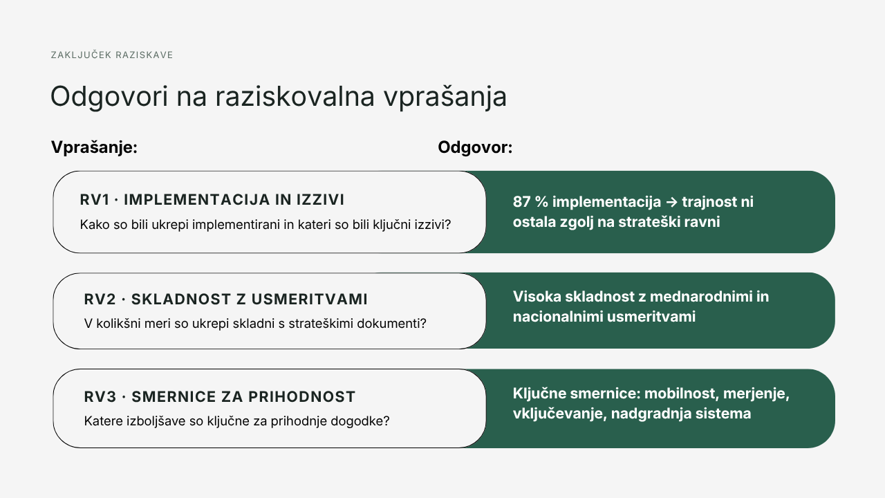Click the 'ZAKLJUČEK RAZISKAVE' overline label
(112, 55)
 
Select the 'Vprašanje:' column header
(94, 147)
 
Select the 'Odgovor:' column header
(475, 147)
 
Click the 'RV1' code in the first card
(95, 200)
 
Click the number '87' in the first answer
(522, 202)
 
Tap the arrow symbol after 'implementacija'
(671, 202)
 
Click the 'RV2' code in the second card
(100, 299)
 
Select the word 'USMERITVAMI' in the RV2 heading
(309, 299)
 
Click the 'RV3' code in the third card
(100, 397)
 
